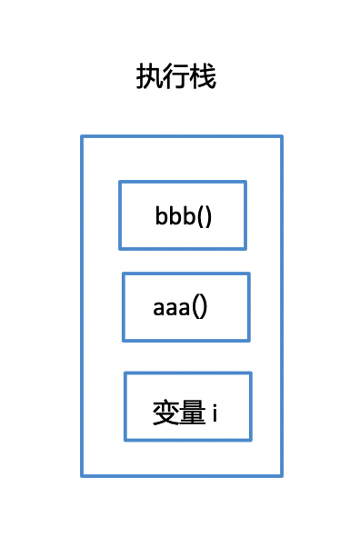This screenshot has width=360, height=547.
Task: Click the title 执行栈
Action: [176, 77]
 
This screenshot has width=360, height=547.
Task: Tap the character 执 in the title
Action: [149, 77]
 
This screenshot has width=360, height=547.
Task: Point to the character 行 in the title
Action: [176, 77]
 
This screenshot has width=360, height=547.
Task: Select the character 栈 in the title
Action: [204, 77]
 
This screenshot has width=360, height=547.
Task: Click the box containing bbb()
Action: [182, 214]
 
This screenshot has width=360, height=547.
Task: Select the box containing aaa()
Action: [185, 307]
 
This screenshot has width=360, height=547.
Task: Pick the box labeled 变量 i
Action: [187, 406]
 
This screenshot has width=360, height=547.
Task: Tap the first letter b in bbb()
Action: [161, 218]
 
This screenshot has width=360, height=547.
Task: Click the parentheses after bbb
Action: [205, 218]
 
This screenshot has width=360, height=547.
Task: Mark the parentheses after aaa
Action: [200, 307]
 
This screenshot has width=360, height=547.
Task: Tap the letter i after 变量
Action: [215, 413]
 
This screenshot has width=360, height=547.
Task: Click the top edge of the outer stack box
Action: [182, 136]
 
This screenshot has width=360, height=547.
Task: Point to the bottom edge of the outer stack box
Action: [182, 475]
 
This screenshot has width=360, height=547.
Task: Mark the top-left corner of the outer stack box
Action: [82, 136]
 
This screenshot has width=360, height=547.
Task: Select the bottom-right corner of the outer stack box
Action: [282, 475]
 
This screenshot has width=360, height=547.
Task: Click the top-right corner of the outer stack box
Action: [282, 136]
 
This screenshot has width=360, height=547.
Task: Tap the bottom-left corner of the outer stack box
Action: [82, 475]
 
